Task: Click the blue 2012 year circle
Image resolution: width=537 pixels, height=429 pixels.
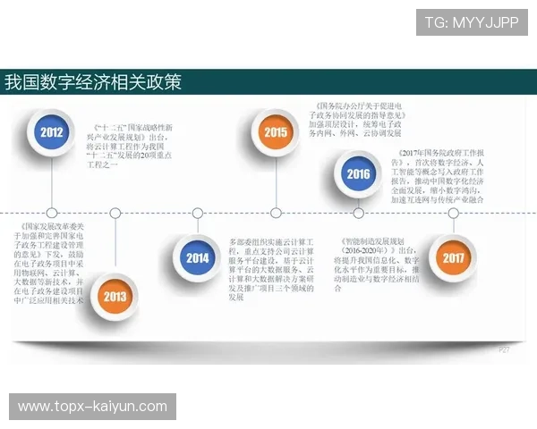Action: point(52,134)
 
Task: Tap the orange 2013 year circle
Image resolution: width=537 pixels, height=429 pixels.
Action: point(115,297)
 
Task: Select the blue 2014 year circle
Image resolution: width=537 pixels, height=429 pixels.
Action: point(198,259)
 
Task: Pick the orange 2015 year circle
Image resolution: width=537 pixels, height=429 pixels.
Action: point(276,134)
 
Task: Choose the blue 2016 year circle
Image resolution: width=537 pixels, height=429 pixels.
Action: point(358,173)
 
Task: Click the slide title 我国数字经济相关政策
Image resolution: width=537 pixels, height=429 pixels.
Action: point(93,83)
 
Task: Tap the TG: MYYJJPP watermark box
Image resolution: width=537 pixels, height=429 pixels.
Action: point(472,21)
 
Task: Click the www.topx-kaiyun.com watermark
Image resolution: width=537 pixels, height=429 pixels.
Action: point(93,407)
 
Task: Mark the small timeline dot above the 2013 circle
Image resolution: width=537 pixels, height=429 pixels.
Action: point(115,213)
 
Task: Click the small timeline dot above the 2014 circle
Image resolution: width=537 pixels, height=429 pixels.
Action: point(198,213)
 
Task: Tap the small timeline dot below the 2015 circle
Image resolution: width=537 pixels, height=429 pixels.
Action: point(276,213)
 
